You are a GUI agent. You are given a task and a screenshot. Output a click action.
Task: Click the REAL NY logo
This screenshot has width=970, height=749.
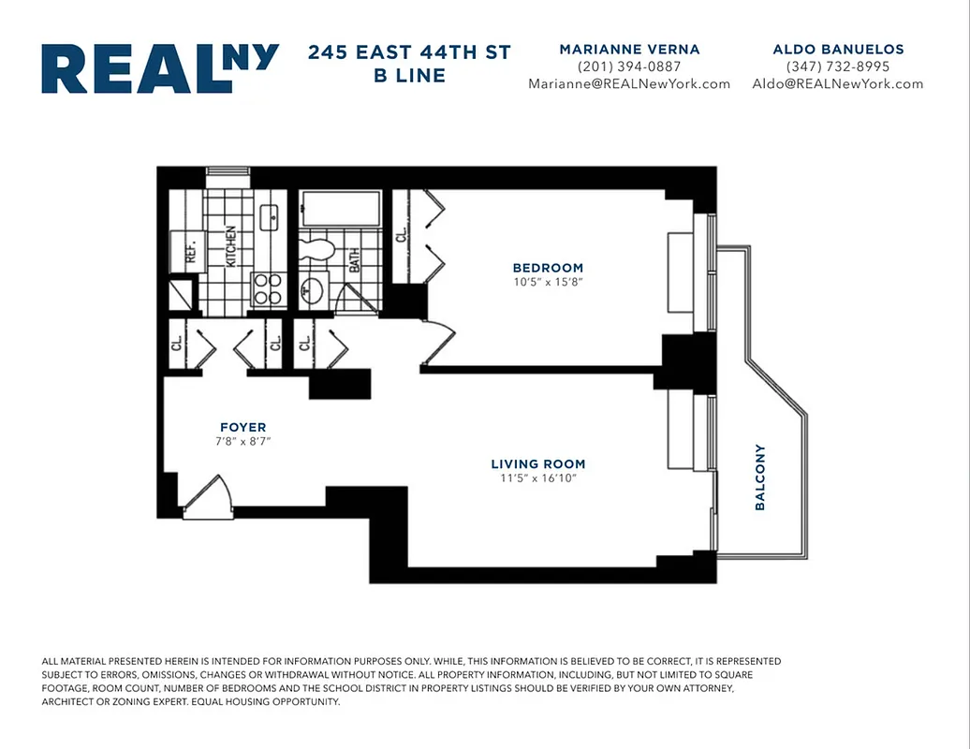tap(159, 68)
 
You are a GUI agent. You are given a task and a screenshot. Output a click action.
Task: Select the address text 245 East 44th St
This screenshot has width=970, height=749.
tap(409, 52)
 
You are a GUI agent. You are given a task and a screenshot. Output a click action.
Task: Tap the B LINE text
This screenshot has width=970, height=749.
tap(409, 76)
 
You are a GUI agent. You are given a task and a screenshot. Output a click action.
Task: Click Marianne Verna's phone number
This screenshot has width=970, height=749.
tap(629, 66)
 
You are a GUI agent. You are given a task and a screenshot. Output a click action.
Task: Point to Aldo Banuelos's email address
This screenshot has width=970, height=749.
tap(837, 83)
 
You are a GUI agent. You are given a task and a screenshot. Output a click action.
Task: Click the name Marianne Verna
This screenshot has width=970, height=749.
tap(629, 49)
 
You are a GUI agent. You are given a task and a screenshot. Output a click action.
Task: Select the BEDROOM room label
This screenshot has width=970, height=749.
tap(548, 268)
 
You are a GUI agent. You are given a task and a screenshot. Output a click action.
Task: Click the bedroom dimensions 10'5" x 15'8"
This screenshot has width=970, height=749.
tap(548, 282)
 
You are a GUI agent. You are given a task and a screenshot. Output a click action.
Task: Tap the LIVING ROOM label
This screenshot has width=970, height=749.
tap(537, 463)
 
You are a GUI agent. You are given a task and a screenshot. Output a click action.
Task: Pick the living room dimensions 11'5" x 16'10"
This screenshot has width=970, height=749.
tap(537, 478)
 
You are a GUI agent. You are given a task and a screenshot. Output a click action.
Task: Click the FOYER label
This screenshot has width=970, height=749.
tap(242, 427)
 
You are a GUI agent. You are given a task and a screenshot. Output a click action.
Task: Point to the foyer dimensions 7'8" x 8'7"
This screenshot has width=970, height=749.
tap(242, 441)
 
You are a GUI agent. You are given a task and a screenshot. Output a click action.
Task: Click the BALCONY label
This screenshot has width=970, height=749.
tap(760, 477)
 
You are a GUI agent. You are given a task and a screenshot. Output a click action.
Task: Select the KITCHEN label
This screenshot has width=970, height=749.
tap(229, 245)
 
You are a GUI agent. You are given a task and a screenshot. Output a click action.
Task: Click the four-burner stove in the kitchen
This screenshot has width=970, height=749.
tap(268, 290)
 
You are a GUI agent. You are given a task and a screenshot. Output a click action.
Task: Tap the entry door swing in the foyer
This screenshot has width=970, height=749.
tap(208, 496)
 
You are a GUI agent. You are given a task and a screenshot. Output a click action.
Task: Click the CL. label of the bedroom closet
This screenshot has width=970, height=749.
tap(401, 235)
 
